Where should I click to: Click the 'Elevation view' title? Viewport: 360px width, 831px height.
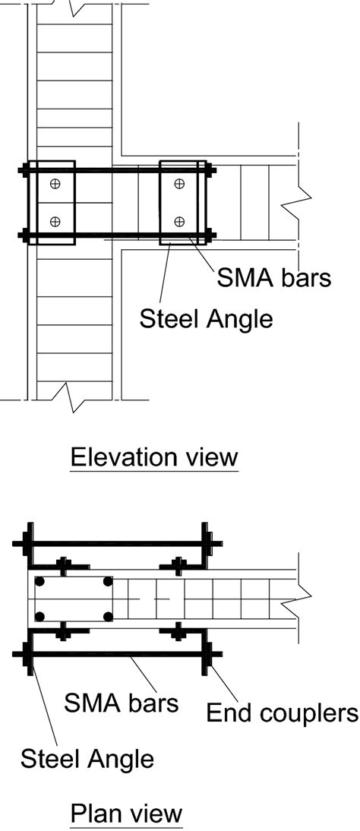(x=154, y=457)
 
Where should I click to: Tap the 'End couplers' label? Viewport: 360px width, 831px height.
(x=282, y=713)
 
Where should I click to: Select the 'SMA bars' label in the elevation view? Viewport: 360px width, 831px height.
(x=273, y=278)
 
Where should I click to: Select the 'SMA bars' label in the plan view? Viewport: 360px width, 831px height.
(x=121, y=703)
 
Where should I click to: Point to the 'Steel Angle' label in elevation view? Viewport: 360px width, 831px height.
(x=207, y=319)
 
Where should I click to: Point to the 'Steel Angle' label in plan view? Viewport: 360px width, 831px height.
(x=87, y=759)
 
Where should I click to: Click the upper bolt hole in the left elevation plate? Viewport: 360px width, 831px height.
(x=55, y=184)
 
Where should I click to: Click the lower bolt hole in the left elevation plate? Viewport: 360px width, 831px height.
(x=55, y=222)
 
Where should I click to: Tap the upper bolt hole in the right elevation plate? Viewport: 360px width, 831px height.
(x=180, y=184)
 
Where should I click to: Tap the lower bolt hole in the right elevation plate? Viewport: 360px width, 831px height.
(x=180, y=222)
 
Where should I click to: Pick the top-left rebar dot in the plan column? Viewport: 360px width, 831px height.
(x=39, y=581)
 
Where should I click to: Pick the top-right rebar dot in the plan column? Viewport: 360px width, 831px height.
(x=108, y=581)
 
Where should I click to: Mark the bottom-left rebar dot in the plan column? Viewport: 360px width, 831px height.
(x=39, y=616)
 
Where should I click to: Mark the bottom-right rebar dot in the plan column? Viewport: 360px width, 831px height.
(x=108, y=616)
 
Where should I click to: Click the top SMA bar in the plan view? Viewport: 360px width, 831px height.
(x=117, y=543)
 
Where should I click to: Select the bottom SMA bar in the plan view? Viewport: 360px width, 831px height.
(x=117, y=655)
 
